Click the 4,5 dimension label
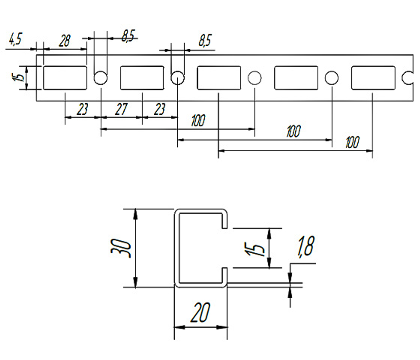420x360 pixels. coord(16,39)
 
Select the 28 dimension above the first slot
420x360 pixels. coord(65,41)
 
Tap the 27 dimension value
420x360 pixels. coord(121,109)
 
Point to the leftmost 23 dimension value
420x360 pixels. coord(82,109)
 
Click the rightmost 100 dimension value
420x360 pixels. coord(352,142)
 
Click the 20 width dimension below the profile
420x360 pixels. coord(200,312)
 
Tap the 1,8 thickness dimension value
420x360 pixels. coord(305,246)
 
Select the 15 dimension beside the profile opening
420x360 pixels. coord(254,249)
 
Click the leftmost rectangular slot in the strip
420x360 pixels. coord(65,78)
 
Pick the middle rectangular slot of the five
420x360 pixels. coord(219,78)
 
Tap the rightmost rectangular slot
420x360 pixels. coord(373,78)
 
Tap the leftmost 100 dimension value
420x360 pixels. coord(198,121)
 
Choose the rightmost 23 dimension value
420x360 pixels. coord(160,109)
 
